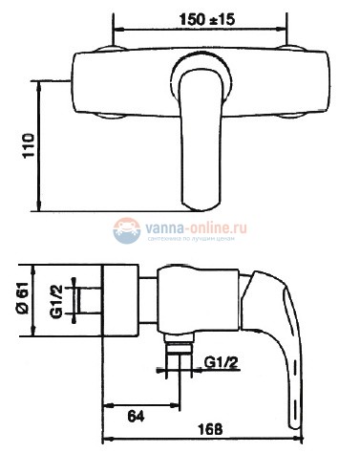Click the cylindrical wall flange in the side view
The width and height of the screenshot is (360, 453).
coord(120,298)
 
